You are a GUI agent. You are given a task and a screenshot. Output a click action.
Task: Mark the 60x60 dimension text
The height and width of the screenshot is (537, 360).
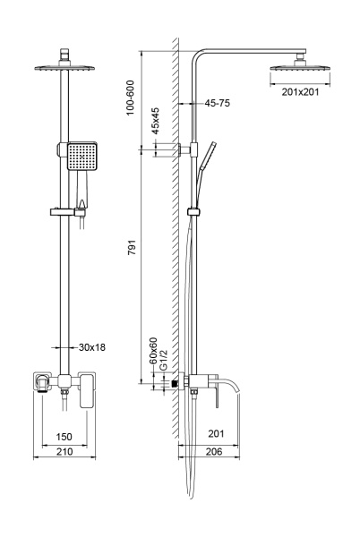click(x=153, y=351)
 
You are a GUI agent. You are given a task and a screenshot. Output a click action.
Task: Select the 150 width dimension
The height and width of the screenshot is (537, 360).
click(x=63, y=436)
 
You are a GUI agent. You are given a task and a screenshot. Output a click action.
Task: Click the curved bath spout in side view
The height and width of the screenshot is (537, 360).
click(x=234, y=387)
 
